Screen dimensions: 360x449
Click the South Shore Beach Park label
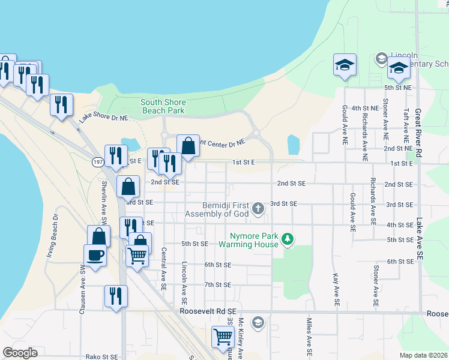pyautogui.click(x=163, y=106)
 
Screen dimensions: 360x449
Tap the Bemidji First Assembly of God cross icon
pyautogui.click(x=258, y=208)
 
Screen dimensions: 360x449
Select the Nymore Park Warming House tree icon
pyautogui.click(x=288, y=239)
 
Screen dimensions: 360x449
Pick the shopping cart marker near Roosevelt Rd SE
pyautogui.click(x=222, y=336)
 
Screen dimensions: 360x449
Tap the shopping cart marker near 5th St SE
pyautogui.click(x=137, y=256)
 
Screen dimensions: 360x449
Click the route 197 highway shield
pyautogui.click(x=98, y=162)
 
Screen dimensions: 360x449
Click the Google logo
pyautogui.click(x=20, y=353)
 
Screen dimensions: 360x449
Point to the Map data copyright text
pyautogui.click(x=423, y=355)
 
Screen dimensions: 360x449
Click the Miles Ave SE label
pyautogui.click(x=310, y=335)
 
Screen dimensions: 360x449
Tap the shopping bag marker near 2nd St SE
pyautogui.click(x=128, y=187)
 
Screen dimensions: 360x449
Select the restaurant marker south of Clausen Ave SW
pyautogui.click(x=115, y=296)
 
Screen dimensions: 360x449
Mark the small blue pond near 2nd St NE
pyautogui.click(x=294, y=144)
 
